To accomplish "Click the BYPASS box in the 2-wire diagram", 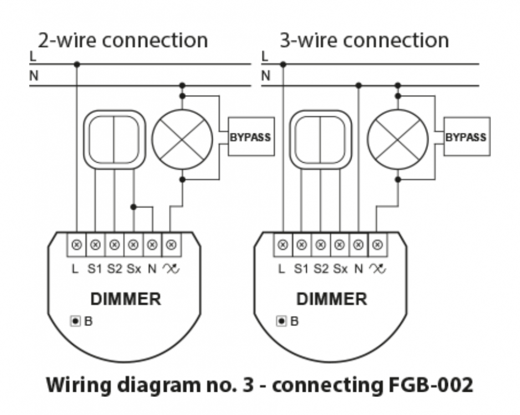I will point(251,136).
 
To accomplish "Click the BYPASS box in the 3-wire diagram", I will point(467,136).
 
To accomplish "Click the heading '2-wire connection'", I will point(123,40).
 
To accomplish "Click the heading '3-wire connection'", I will point(364,40).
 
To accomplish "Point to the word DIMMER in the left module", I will point(126,299).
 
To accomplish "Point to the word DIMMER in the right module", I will point(332,299).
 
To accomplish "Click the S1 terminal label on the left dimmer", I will point(95,270).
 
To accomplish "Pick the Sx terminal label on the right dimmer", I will point(340,270).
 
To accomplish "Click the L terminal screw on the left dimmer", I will point(77,244).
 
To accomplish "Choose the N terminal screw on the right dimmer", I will point(359,244).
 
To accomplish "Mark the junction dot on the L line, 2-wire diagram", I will point(77,65).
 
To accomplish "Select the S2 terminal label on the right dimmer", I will point(320,270).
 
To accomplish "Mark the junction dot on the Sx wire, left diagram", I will point(133,207).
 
